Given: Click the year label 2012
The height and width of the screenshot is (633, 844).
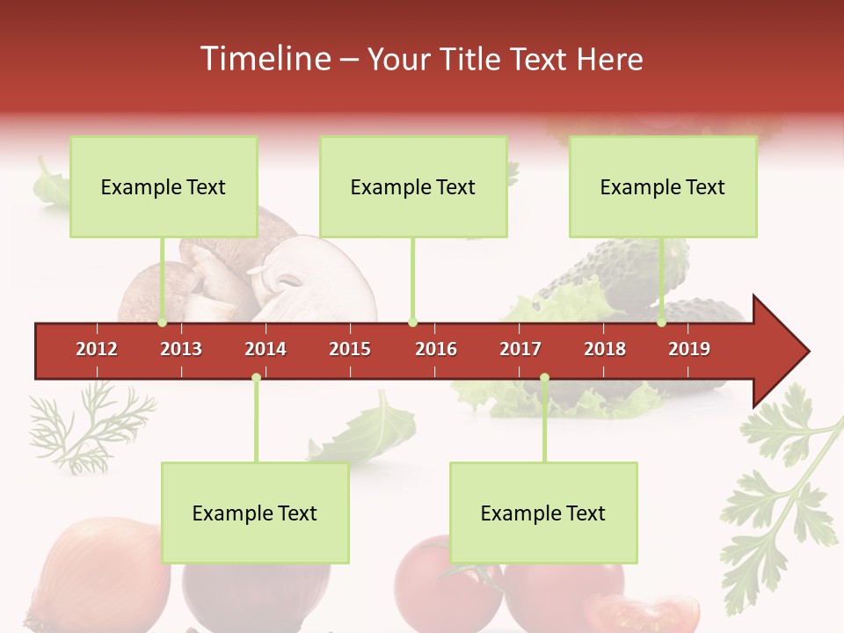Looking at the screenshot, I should click(x=97, y=349).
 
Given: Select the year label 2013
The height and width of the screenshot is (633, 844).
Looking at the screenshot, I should click(x=181, y=349).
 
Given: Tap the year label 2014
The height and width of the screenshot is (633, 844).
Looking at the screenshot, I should click(x=266, y=349).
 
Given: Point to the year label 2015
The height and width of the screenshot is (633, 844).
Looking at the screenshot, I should click(x=350, y=349).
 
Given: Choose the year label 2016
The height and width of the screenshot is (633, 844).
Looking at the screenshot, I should click(x=436, y=349).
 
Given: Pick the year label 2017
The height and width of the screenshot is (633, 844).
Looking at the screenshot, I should click(x=520, y=349).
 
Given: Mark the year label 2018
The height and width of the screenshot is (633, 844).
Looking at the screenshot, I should click(x=605, y=349).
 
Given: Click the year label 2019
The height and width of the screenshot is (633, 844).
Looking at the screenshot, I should click(x=689, y=349).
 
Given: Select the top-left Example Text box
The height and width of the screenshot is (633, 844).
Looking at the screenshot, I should click(x=164, y=186).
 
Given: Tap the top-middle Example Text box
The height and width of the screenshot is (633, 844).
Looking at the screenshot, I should click(x=413, y=186).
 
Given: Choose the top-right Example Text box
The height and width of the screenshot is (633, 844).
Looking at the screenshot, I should click(x=663, y=186).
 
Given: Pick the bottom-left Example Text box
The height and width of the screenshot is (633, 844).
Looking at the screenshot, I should click(x=255, y=513).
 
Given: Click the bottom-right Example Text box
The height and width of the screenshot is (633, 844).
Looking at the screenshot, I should click(x=543, y=513).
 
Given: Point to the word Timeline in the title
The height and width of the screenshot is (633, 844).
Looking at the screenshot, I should click(x=266, y=59).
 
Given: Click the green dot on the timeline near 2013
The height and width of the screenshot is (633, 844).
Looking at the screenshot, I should click(x=163, y=323).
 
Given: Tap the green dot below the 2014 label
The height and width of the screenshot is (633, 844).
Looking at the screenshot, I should click(x=256, y=378).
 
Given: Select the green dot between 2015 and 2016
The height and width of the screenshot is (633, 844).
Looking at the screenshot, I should click(x=412, y=323).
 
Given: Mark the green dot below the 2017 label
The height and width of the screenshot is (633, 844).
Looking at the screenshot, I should click(x=544, y=378).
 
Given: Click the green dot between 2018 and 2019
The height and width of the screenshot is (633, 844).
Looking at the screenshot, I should click(x=662, y=323).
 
